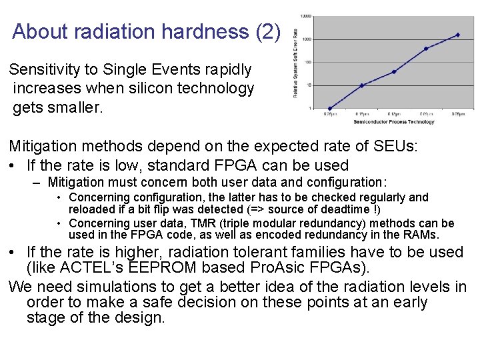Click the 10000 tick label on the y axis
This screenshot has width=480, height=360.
coord(305,16)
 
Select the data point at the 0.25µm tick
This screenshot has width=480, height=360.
coord(330,108)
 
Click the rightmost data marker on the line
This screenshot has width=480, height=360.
coord(457,35)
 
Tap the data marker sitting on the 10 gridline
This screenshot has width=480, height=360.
coord(361,85)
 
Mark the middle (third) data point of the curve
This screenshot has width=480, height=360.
coord(393,71)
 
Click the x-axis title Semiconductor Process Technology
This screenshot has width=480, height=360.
coord(393,121)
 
